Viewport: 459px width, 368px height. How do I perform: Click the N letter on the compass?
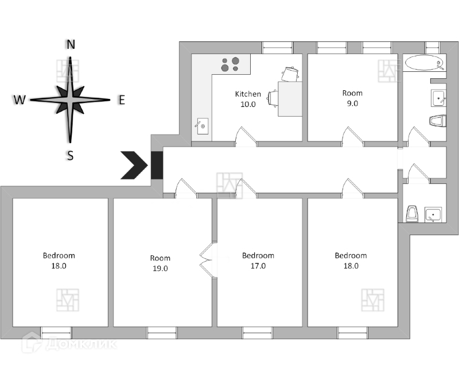(71, 44)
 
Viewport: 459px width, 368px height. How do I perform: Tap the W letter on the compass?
(20, 100)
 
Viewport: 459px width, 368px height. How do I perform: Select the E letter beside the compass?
(121, 99)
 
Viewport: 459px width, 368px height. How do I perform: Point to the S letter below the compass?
(70, 155)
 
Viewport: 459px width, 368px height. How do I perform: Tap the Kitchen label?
(248, 94)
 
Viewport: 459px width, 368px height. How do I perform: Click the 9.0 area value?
(352, 103)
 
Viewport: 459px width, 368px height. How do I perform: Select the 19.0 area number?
(160, 269)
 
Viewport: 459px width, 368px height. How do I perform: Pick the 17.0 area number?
(258, 266)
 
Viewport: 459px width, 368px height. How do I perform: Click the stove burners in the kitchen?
(231, 64)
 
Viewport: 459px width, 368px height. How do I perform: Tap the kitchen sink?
(202, 125)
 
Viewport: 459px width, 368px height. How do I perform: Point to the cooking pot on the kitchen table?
(291, 74)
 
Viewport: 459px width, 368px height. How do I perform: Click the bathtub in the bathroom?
(423, 63)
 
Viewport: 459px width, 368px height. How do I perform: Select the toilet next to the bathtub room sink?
(437, 121)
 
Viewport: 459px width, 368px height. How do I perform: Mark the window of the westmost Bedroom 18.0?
(56, 332)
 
